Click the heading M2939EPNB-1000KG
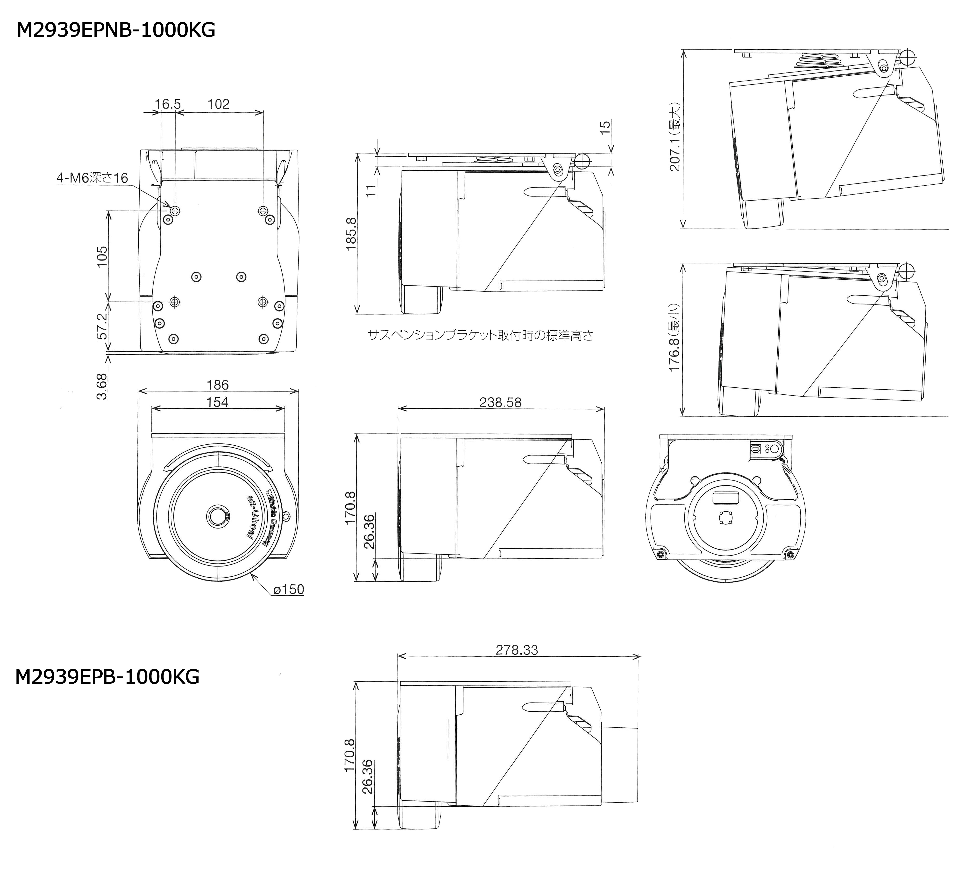point(116,30)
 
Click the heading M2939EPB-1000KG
point(107,677)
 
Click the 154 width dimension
point(217,402)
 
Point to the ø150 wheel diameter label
point(289,589)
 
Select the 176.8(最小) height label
point(675,337)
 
